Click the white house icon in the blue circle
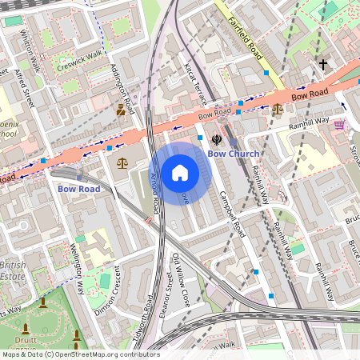180,172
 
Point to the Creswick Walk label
80,62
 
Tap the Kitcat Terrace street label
195,85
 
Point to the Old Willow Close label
182,281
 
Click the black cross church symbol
323,63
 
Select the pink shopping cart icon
339,124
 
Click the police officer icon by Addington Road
121,110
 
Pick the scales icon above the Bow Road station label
122,163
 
